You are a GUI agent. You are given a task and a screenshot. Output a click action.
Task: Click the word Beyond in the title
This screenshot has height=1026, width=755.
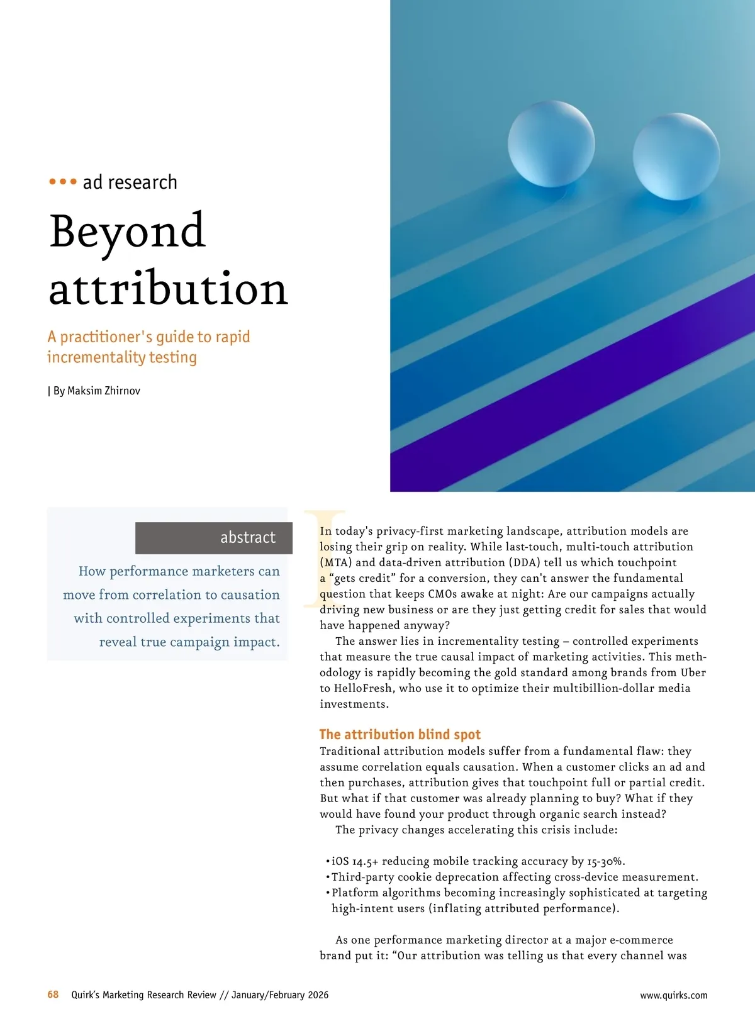click(x=127, y=231)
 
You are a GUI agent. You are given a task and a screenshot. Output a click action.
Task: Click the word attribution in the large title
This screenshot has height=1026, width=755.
click(x=168, y=289)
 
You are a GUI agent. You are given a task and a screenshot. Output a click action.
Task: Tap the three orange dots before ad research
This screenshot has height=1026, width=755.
click(x=63, y=182)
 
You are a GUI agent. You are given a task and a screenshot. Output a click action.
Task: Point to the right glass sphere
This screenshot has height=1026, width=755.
click(x=676, y=157)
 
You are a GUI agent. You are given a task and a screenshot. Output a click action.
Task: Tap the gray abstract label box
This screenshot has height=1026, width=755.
click(x=214, y=538)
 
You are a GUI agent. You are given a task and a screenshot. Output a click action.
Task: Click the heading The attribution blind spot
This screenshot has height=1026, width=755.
click(x=400, y=734)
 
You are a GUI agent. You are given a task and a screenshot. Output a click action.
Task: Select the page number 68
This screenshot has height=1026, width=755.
click(x=53, y=995)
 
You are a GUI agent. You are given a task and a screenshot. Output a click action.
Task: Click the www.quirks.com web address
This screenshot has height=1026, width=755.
click(x=673, y=995)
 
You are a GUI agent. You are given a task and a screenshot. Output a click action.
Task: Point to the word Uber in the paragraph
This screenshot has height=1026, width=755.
click(x=693, y=672)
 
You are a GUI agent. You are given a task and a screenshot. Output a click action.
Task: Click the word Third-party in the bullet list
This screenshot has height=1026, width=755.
click(x=363, y=877)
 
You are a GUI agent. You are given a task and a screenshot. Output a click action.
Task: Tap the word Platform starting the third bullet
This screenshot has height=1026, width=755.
click(x=355, y=893)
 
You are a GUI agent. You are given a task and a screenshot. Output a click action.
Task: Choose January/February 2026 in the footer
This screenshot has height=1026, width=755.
click(x=280, y=995)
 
